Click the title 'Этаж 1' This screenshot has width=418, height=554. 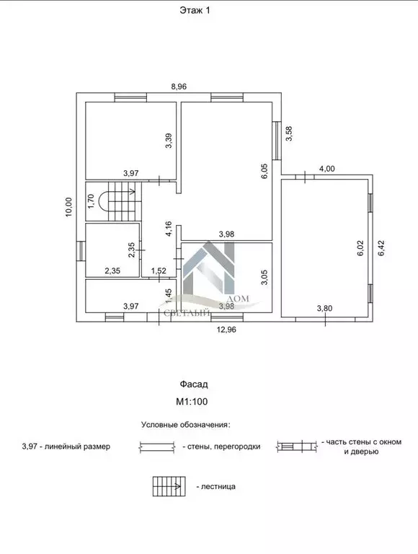coord(195,11)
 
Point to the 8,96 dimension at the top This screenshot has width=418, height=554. coord(179,87)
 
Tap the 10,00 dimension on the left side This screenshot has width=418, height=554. coord(68,207)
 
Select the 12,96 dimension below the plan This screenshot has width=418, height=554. coord(226,330)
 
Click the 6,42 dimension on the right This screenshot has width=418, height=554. coord(381,248)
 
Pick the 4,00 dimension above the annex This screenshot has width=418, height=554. coord(327,169)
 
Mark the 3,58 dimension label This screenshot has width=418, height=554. coord(289,133)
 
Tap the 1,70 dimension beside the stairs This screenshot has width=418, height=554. coord(91,201)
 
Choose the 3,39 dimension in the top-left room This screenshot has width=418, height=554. coord(169,140)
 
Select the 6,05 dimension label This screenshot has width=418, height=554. coord(264,172)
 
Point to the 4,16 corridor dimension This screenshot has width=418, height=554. coord(169,229)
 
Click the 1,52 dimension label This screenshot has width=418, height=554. coord(159,271)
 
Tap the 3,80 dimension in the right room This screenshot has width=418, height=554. coord(324,309)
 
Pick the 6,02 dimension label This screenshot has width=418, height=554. coord(360,248)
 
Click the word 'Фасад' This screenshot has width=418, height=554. coord(194,384)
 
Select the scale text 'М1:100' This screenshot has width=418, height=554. coord(192,401)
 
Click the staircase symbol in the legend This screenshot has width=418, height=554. coord(169,486)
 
